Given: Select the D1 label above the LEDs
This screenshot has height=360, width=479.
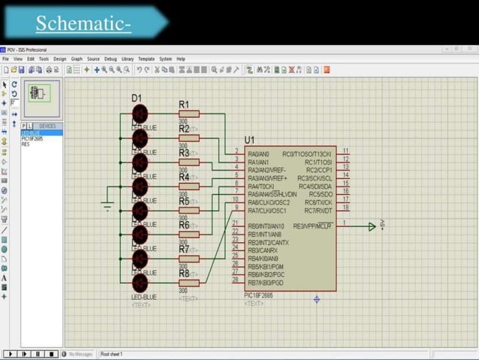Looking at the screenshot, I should [136, 98].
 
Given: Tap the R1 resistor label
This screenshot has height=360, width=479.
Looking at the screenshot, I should [184, 104].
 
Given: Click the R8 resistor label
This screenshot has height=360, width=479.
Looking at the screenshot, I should [184, 274].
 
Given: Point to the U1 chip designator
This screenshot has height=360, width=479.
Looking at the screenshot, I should [249, 140].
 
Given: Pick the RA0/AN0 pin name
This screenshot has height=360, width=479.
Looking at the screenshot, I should [258, 154].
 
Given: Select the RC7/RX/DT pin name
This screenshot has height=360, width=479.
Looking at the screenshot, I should [318, 210].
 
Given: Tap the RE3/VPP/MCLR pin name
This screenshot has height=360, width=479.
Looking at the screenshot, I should [312, 225].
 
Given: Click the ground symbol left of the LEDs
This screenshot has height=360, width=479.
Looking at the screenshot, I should [107, 206].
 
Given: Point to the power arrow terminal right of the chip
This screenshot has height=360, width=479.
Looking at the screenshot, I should [372, 226].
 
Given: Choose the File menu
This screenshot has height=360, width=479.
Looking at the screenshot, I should [5, 59].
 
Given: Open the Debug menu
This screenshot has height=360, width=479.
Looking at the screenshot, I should [110, 59].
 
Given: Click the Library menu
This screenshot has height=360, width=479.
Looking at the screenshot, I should [128, 59].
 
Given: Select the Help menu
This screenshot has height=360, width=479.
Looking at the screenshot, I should [181, 59].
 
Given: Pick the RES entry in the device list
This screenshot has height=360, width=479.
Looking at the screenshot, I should [26, 144].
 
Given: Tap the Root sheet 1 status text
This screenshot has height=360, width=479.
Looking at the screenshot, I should [112, 354].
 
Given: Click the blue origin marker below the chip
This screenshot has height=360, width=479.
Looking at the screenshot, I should [317, 299].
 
